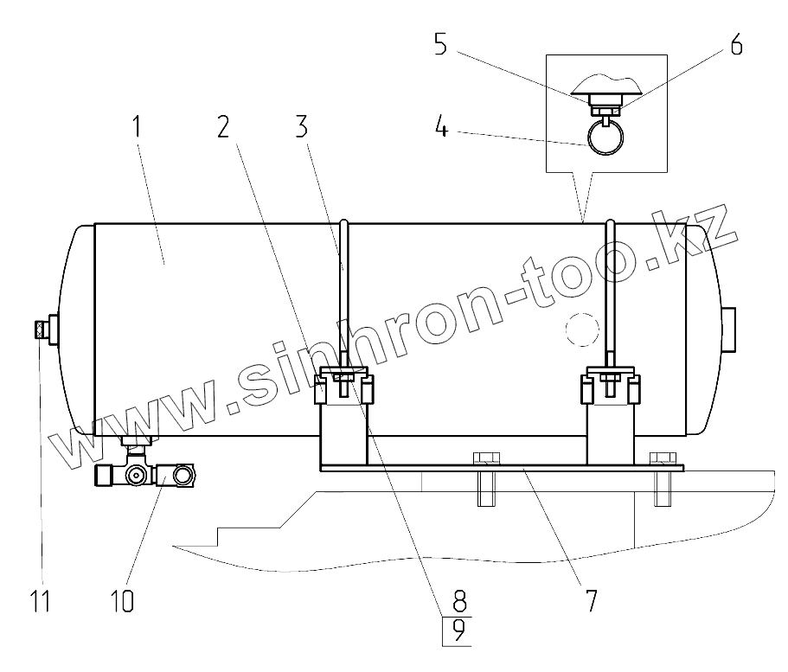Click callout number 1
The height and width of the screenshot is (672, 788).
coord(136,126)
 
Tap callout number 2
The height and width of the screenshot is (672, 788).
coord(224,126)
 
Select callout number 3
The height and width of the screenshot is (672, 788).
coord(301,126)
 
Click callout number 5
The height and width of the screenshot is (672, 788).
coord(441,45)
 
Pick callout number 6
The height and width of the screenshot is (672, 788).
coord(736,45)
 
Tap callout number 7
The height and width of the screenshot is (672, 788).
coord(591,600)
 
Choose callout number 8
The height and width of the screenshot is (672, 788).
coord(459,600)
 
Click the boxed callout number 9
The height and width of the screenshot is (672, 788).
coord(458,630)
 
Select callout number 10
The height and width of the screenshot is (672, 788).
coord(122,600)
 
